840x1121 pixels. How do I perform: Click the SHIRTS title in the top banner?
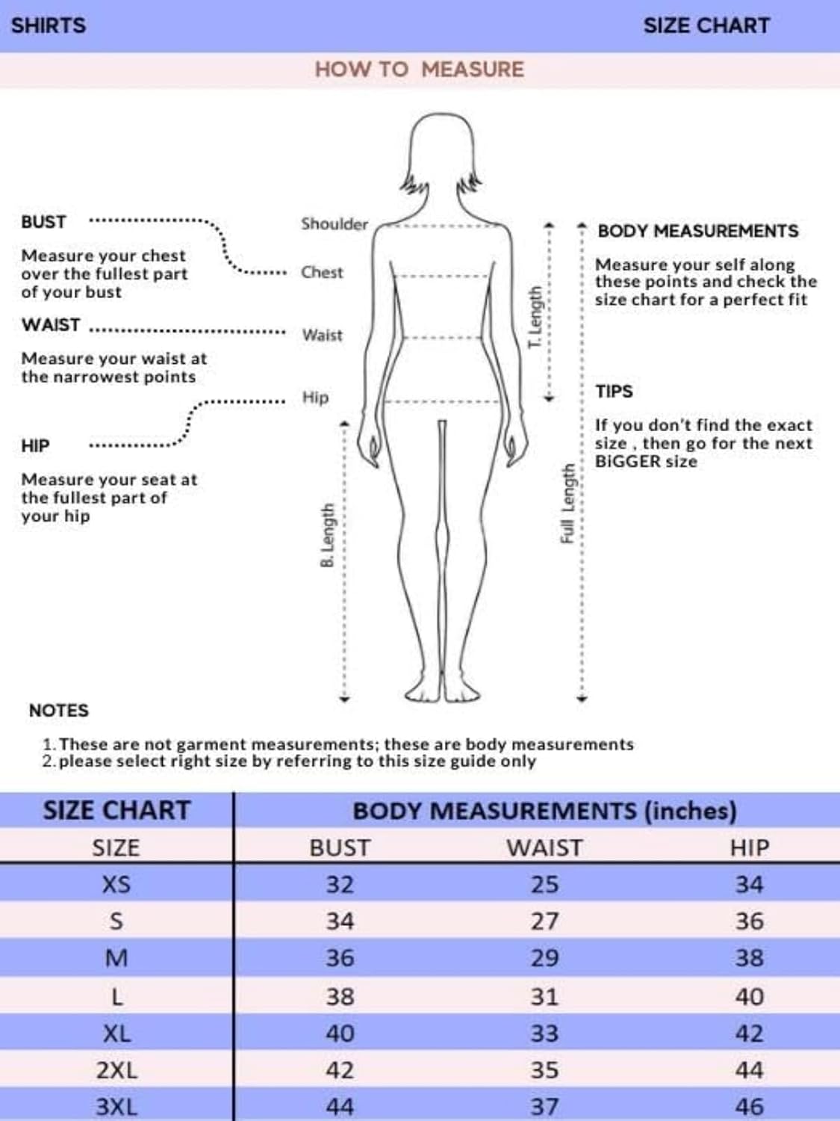[x=49, y=25]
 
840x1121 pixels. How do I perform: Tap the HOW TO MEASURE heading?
[x=419, y=70]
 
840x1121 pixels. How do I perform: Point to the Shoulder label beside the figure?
[x=334, y=223]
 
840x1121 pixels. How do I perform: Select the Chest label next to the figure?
[x=322, y=272]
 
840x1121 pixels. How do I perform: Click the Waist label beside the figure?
[x=322, y=335]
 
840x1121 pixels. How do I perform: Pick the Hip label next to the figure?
[x=315, y=397]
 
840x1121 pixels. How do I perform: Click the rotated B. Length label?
[x=327, y=535]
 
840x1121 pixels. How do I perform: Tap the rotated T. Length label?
[x=535, y=317]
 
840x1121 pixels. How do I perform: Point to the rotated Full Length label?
[x=567, y=504]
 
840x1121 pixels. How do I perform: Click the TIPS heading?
[x=614, y=392]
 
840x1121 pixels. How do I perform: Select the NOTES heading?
[x=58, y=711]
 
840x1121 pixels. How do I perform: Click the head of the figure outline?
[x=444, y=149]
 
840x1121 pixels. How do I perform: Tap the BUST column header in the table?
[x=340, y=847]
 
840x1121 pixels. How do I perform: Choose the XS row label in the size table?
[x=116, y=885]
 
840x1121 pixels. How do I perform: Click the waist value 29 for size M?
[x=544, y=958]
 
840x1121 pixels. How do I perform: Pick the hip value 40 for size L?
[x=749, y=996]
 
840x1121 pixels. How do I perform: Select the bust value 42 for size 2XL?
[x=340, y=1070]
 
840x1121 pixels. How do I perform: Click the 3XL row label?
[x=116, y=1107]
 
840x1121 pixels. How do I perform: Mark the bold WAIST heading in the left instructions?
[x=51, y=325]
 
